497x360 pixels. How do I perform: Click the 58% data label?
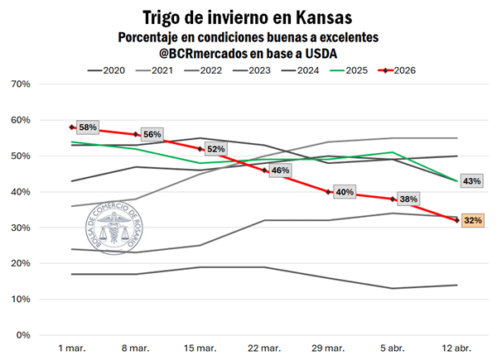tap(88, 127)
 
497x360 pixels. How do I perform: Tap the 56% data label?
tap(152, 134)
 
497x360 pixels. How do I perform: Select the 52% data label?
tap(215, 149)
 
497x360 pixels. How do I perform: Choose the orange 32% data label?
tap(473, 221)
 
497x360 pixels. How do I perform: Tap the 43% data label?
tap(472, 181)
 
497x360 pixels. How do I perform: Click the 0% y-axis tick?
tap(24, 335)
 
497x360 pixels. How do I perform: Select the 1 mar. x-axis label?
tap(72, 348)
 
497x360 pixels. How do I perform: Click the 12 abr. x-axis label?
tap(456, 348)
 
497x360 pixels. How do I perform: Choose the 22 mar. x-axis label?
tap(263, 348)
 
